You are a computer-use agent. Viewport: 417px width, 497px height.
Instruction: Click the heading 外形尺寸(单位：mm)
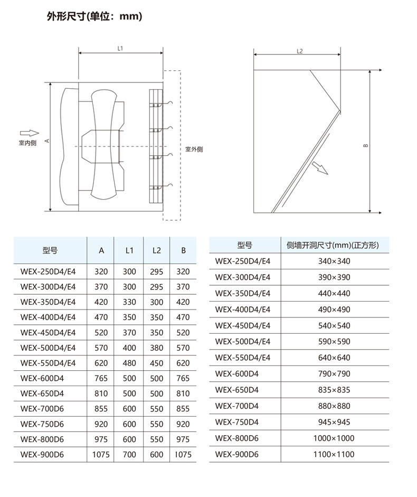pos(94,16)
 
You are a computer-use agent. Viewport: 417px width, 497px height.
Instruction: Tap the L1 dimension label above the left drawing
pos(120,49)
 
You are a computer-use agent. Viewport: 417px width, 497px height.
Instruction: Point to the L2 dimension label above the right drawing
pos(300,51)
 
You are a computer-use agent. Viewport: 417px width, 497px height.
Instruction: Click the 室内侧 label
pos(27,143)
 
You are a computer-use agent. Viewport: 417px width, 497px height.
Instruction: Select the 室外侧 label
pos(194,149)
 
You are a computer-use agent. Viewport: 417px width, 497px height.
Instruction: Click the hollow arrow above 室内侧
pos(30,134)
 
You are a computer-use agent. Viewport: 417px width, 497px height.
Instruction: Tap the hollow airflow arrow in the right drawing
pos(320,168)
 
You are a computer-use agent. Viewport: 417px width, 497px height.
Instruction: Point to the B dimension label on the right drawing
pos(366,145)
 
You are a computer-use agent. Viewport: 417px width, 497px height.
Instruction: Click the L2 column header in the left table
pos(157,250)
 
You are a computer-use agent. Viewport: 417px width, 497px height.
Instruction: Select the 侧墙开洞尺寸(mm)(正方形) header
pos(333,245)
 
